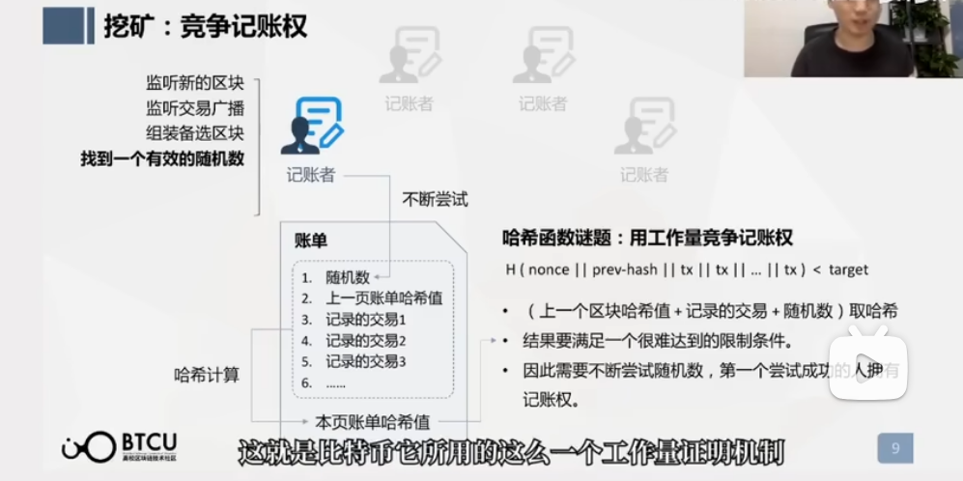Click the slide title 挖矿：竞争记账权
pos(205,25)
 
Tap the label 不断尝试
pos(435,200)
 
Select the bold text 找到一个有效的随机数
pos(162,158)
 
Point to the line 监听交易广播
pos(194,107)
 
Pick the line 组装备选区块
pos(194,132)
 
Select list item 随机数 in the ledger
pos(348,277)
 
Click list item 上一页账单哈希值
pos(383,298)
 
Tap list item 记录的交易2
pos(365,340)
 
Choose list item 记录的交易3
pos(365,361)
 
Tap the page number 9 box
pos(895,447)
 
